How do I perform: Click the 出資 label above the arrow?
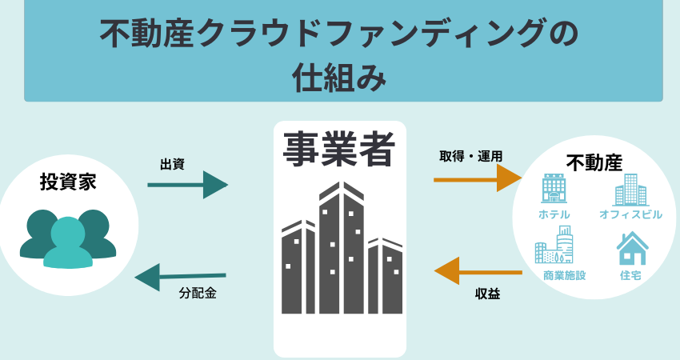tap(172, 164)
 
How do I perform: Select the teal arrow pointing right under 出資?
tap(188, 185)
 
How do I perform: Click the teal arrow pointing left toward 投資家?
tap(181, 277)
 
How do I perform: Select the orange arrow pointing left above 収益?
tap(478, 271)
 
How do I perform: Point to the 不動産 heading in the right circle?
tap(594, 162)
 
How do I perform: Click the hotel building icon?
tap(554, 189)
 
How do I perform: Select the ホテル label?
tap(554, 214)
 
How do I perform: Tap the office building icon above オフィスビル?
tap(630, 190)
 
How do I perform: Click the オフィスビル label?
tap(630, 214)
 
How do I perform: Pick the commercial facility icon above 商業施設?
tap(554, 244)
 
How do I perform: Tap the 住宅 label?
tap(630, 275)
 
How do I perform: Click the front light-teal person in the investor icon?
tap(68, 243)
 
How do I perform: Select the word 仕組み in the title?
tap(339, 78)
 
